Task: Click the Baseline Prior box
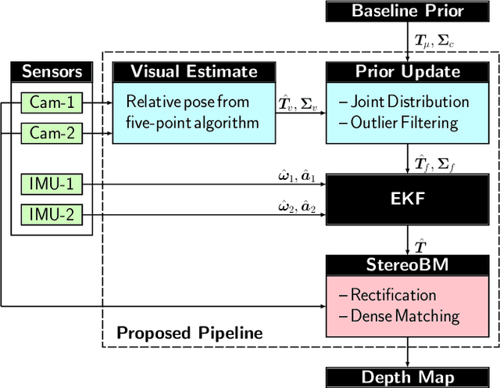pyautogui.click(x=407, y=11)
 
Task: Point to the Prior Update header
pyautogui.click(x=407, y=72)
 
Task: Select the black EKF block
pyautogui.click(x=407, y=199)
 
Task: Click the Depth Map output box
pyautogui.click(x=407, y=378)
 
